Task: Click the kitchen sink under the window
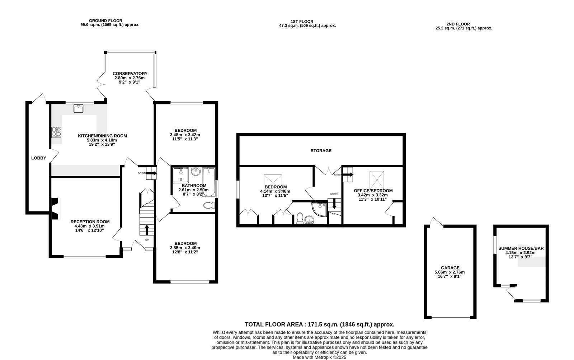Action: (x=78, y=108)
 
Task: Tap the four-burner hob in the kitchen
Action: (x=56, y=132)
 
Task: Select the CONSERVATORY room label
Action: (x=130, y=74)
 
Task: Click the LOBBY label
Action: (x=39, y=158)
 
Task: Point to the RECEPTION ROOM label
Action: (x=90, y=221)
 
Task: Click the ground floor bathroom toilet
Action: (x=210, y=205)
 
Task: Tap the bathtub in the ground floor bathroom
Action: (x=209, y=182)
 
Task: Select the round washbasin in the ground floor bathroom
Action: (x=196, y=171)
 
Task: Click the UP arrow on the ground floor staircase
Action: (x=147, y=230)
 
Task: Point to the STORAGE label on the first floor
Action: (x=321, y=150)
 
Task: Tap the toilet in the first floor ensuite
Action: (x=300, y=218)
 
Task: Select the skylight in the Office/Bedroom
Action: (x=377, y=180)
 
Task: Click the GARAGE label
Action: (x=450, y=268)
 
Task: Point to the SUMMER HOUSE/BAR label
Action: (x=521, y=248)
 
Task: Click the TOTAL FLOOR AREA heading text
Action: (x=320, y=324)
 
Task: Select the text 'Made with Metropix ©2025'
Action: (x=320, y=357)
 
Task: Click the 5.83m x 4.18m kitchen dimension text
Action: (x=102, y=140)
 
